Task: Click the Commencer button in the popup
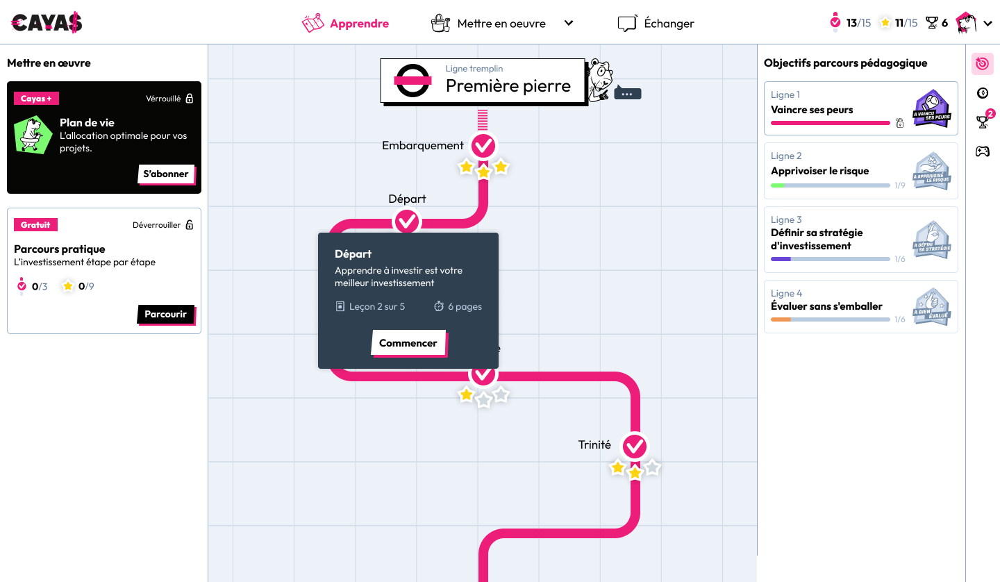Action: point(408,343)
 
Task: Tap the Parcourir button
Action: point(165,314)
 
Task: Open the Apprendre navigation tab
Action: point(346,24)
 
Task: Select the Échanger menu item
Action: point(656,24)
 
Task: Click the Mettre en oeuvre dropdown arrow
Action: point(569,23)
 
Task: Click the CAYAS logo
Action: point(47,23)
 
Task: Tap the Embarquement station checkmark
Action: point(483,146)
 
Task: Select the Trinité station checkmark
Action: point(634,446)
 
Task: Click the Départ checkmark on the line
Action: point(407,222)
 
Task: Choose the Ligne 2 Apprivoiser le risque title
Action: point(819,171)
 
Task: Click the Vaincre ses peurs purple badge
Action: point(932,108)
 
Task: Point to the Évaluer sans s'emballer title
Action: point(826,306)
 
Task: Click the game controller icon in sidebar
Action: point(982,151)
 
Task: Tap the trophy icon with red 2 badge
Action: point(983,122)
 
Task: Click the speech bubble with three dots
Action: point(627,93)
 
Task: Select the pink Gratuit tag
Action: point(36,225)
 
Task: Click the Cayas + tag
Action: point(36,99)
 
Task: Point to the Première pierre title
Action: point(508,86)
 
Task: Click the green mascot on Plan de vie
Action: point(33,135)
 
